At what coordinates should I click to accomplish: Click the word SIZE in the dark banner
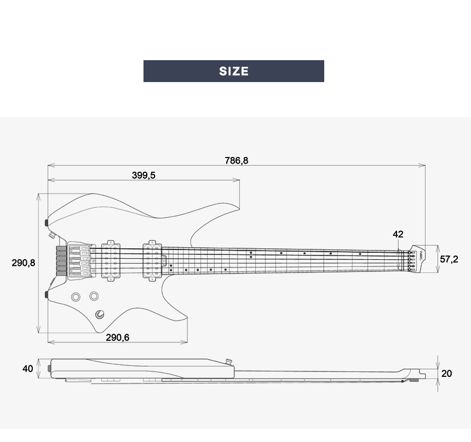coord(234,71)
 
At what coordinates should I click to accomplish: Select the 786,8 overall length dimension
coord(236,160)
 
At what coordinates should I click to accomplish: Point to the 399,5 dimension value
coord(143,175)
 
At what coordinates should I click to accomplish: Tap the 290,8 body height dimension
coord(24,263)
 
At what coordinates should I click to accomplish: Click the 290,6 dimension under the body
coord(117,338)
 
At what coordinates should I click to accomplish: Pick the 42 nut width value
coord(398,234)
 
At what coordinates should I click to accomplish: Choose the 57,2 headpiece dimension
coord(449,259)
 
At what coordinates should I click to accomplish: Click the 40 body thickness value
coord(27,369)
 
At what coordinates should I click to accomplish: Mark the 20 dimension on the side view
coord(447,373)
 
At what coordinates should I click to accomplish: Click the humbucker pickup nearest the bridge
coord(111,260)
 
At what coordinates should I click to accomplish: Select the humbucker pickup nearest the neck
coord(152,260)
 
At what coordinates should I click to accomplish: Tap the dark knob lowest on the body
coord(100,314)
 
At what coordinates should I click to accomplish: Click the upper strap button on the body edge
coord(47,222)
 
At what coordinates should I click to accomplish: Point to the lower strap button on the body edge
coord(47,295)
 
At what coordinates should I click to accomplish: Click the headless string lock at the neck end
coord(415,259)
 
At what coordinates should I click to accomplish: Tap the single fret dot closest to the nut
coord(360,254)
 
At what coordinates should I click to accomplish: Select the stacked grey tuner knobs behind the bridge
coord(60,259)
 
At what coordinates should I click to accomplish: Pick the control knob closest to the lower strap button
coord(76,296)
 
